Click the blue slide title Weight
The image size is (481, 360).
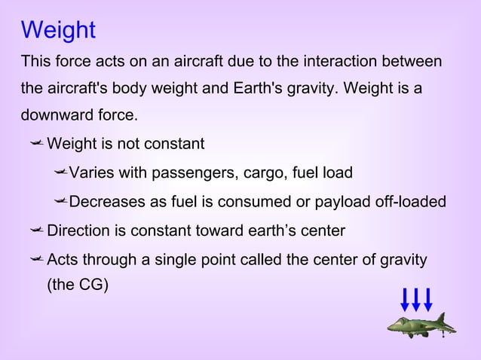58,30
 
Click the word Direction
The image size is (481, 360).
78,230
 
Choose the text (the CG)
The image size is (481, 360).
78,286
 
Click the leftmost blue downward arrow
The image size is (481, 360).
405,300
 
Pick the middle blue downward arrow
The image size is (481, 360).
416,300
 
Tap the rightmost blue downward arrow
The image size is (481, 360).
427,300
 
